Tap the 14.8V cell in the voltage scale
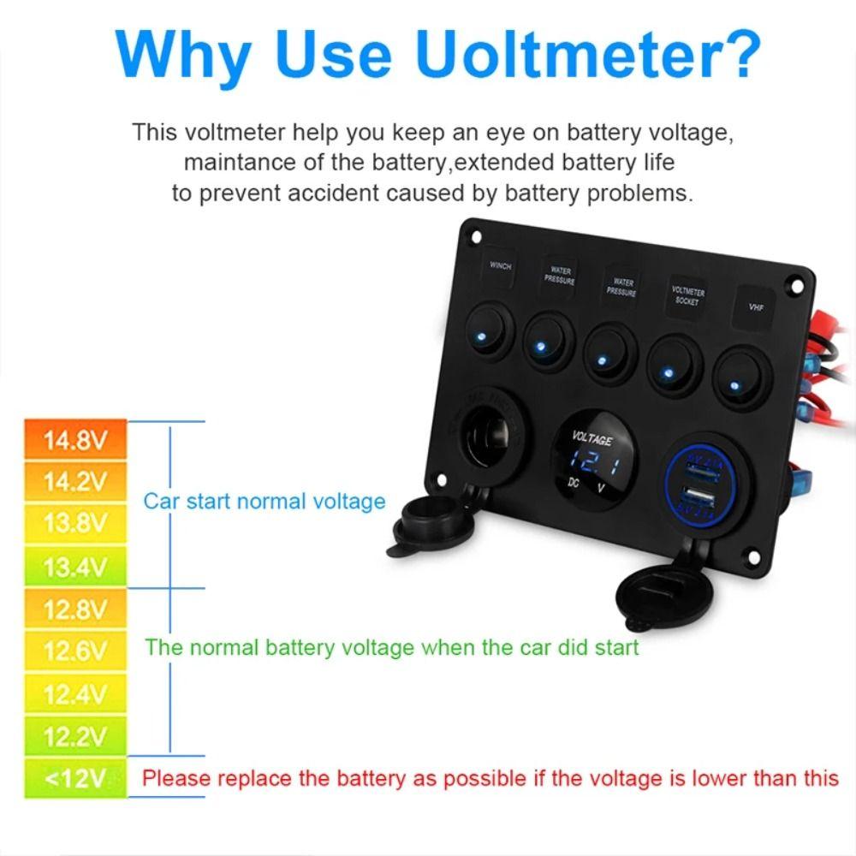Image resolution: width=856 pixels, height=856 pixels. tap(76, 442)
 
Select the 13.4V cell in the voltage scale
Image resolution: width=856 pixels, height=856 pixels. tap(76, 567)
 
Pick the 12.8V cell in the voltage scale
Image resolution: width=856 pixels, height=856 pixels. tap(76, 609)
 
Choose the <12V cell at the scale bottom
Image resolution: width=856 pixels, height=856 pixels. tap(76, 779)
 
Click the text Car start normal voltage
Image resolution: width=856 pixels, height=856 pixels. tap(265, 502)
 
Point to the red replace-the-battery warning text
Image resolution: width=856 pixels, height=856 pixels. tap(490, 779)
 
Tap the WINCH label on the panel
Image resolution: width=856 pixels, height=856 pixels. tap(501, 266)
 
